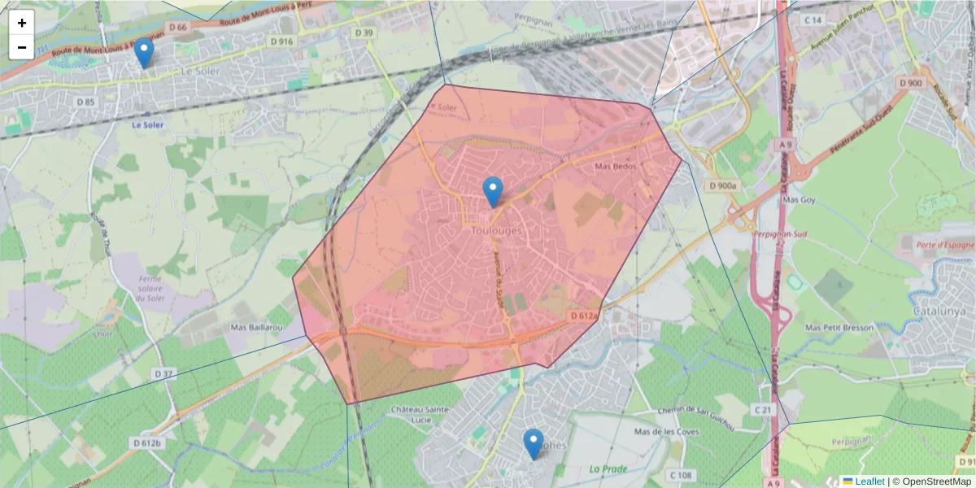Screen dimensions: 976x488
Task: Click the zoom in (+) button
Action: click(22, 23)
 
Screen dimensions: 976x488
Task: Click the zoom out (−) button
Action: click(22, 47)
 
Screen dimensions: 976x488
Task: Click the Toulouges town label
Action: click(496, 231)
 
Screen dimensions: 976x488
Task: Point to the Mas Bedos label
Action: click(615, 167)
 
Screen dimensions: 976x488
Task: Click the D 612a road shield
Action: click(583, 315)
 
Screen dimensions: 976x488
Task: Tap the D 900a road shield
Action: click(722, 186)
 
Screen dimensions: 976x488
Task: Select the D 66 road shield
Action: click(178, 27)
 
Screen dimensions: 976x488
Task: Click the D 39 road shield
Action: click(364, 33)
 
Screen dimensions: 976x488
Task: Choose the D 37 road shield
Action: click(163, 373)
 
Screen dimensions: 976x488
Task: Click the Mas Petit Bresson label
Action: click(839, 327)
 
